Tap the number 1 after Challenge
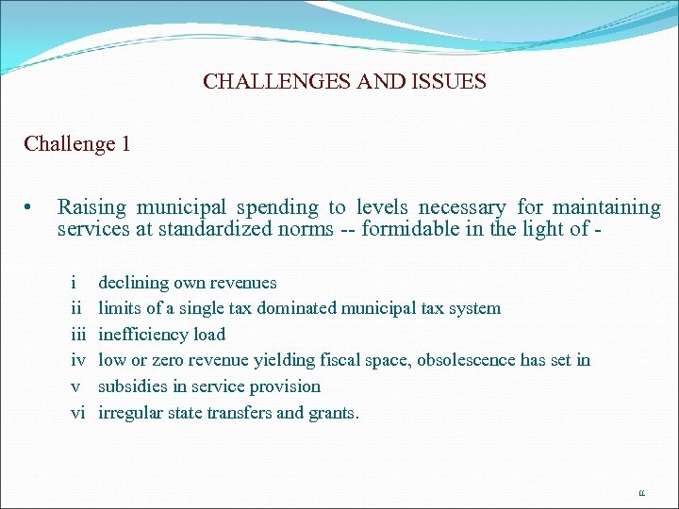[x=125, y=144]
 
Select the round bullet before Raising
[x=30, y=207]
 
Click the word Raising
[x=93, y=207]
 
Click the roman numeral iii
[x=78, y=334]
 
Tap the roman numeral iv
[x=78, y=360]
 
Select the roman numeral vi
[x=78, y=412]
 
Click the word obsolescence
[x=467, y=360]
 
